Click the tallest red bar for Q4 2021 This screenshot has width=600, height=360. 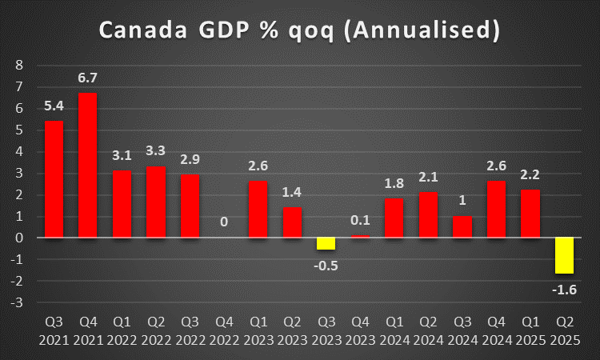point(88,165)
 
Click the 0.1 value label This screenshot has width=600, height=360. point(360,219)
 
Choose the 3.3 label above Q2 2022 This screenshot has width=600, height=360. point(155,150)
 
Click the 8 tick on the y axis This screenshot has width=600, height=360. point(20,65)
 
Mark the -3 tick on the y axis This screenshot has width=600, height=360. point(18,302)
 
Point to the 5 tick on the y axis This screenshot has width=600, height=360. point(20,130)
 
